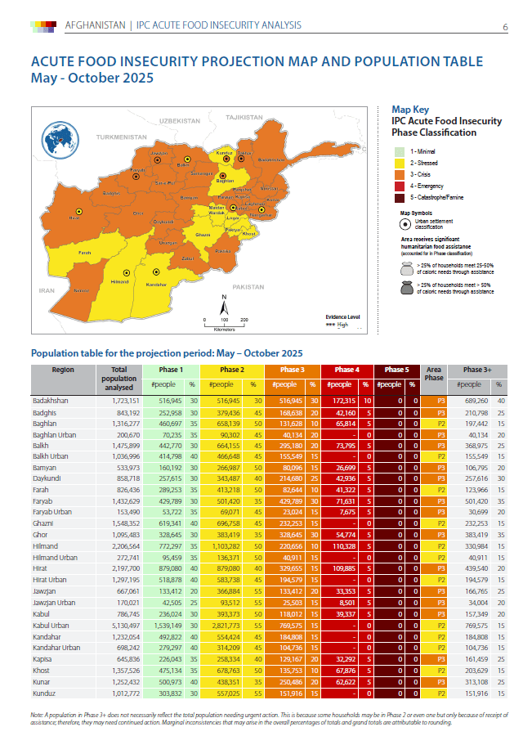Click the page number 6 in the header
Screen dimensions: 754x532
pos(504,27)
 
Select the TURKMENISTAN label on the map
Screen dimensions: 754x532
pos(119,137)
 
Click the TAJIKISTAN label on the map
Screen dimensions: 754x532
pos(242,118)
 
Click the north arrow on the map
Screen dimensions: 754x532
pos(224,306)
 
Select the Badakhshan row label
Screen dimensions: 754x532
pos(51,401)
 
